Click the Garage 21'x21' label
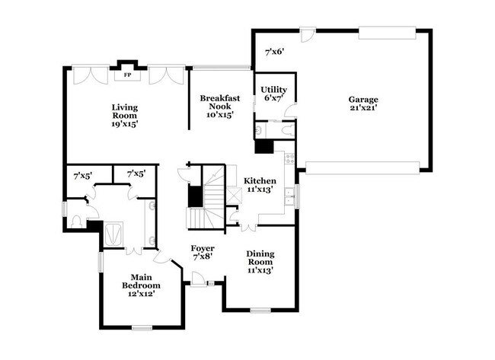363,104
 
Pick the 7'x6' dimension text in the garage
274,52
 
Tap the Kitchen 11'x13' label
260,186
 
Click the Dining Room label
260,260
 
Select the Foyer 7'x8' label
203,253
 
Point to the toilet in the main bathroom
77,221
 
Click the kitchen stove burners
289,158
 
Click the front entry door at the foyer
199,284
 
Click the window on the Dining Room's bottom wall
260,310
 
